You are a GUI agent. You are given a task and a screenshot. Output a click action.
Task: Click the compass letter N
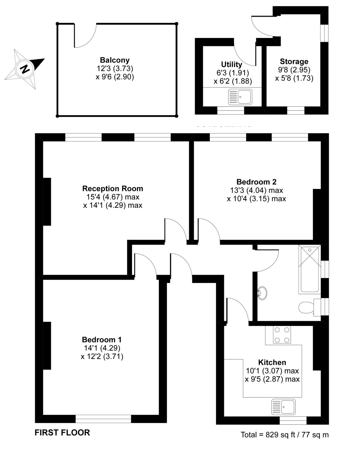pos(24,69)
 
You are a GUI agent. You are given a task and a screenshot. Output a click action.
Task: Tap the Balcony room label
pos(115,60)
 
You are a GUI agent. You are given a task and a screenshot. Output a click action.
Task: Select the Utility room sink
pos(240,97)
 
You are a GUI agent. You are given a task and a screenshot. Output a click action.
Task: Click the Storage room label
pos(294,61)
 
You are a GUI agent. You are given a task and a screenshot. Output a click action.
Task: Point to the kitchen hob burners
pos(282,335)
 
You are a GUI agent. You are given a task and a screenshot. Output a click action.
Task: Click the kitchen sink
pos(283,407)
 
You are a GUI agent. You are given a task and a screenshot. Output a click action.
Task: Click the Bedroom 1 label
pos(102,339)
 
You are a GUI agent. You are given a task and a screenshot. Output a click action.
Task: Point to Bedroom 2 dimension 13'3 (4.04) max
pos(256,190)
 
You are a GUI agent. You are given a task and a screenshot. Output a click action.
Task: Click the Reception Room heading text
pos(113,188)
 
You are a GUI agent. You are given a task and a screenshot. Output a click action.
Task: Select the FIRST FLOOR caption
pos(62,432)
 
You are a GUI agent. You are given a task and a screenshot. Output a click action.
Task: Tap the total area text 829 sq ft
pos(284,435)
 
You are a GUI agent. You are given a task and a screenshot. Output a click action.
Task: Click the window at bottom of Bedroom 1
pos(103,419)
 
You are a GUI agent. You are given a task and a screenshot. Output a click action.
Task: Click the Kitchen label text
pos(272,362)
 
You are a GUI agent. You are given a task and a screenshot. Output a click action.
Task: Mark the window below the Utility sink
pos(231,110)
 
